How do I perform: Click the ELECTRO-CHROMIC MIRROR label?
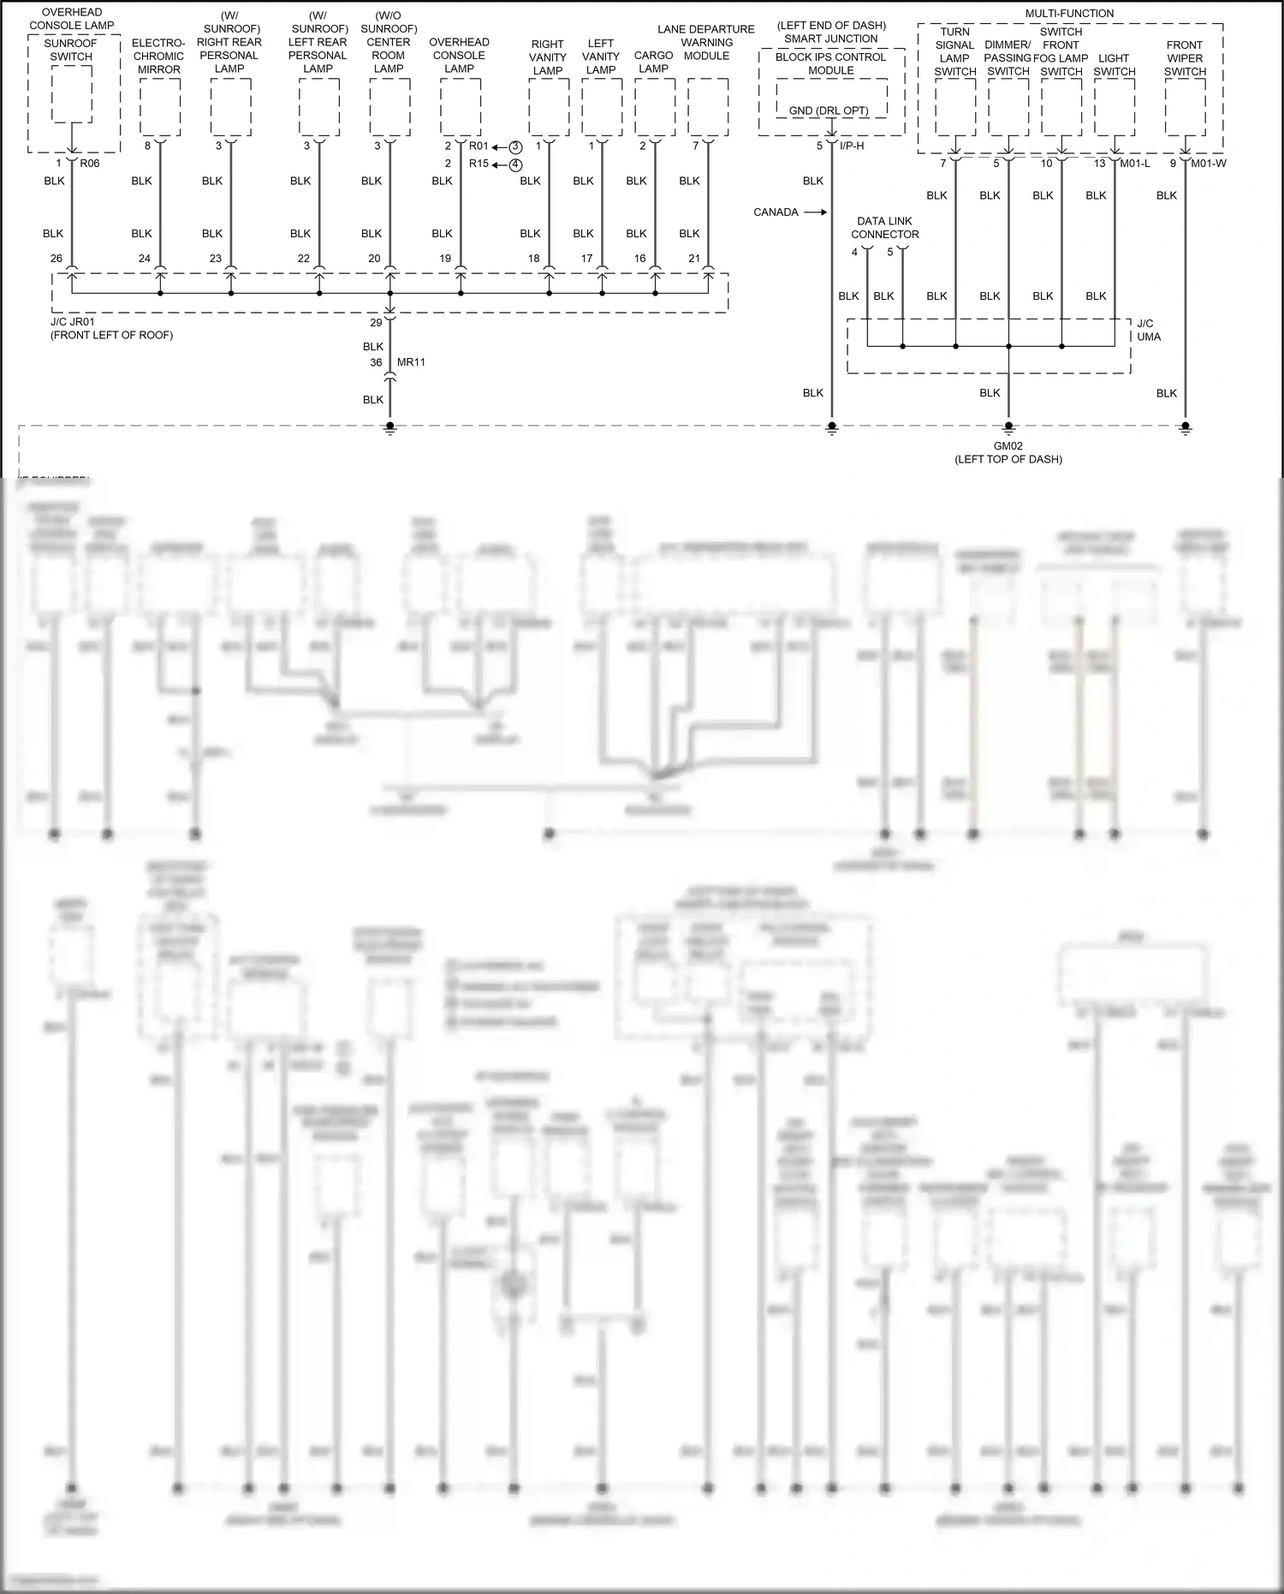[158, 56]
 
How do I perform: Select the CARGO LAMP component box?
[655, 106]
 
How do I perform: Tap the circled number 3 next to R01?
[515, 147]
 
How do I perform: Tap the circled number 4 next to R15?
[515, 164]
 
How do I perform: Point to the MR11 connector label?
[411, 362]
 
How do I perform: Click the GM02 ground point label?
[1008, 446]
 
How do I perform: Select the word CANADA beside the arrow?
[776, 212]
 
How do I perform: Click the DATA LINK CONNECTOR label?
[884, 228]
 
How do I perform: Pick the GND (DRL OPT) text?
[829, 111]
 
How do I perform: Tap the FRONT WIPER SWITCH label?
[1185, 58]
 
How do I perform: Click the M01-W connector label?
[1209, 164]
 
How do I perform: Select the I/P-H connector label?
[852, 146]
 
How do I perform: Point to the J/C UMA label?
[1148, 331]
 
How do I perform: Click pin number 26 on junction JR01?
[56, 259]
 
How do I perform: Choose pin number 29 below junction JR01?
[376, 323]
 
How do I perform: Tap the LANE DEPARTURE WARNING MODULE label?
[706, 42]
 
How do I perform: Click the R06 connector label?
[90, 164]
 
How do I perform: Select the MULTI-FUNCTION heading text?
[1069, 14]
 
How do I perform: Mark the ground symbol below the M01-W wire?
[1185, 427]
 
